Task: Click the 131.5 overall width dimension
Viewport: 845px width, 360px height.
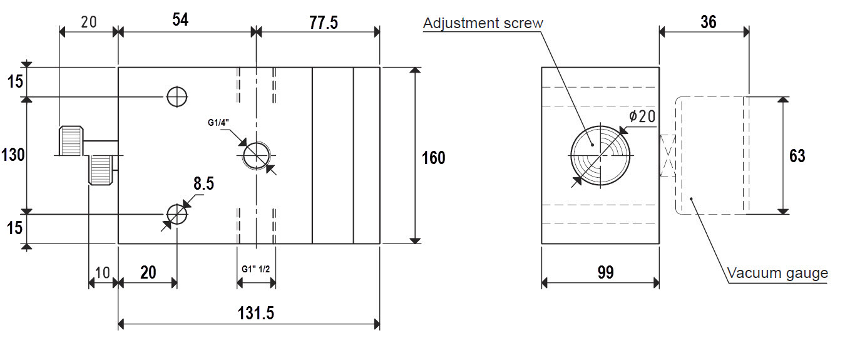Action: point(256,313)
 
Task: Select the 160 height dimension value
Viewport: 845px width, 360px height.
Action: point(433,158)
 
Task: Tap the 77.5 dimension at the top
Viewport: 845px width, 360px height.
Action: point(324,23)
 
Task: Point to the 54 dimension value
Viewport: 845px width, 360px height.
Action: point(180,19)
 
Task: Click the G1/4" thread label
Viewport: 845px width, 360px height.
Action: point(218,123)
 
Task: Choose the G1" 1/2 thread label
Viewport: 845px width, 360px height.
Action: point(256,269)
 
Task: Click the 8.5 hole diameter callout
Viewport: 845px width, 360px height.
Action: point(203,183)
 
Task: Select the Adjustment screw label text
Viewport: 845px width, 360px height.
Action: point(483,23)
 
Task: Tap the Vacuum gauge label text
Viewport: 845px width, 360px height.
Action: point(777,273)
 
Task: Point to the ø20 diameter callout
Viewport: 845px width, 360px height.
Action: point(642,116)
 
